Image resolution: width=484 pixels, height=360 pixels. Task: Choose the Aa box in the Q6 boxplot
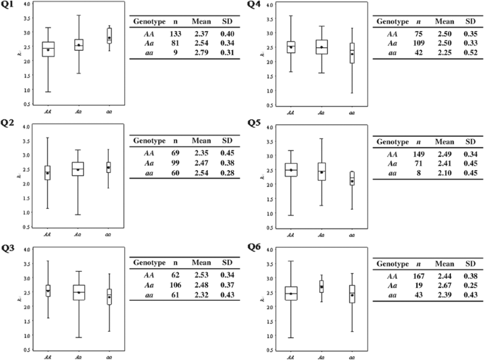pos(321,287)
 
